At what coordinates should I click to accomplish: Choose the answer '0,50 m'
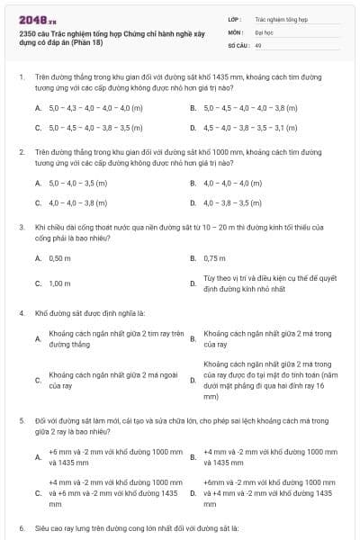(x=59, y=258)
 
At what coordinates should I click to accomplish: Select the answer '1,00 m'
(x=59, y=283)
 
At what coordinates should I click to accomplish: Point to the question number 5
(x=21, y=421)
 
